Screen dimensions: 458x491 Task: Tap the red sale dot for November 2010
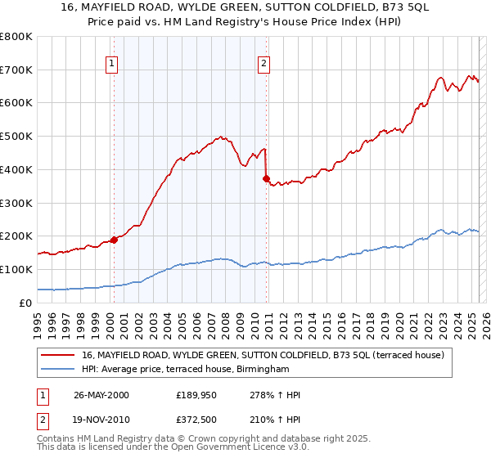click(267, 178)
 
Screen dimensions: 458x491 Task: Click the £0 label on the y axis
click(26, 303)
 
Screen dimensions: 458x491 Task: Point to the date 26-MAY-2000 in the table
click(101, 395)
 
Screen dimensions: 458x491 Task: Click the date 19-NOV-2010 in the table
click(101, 418)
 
